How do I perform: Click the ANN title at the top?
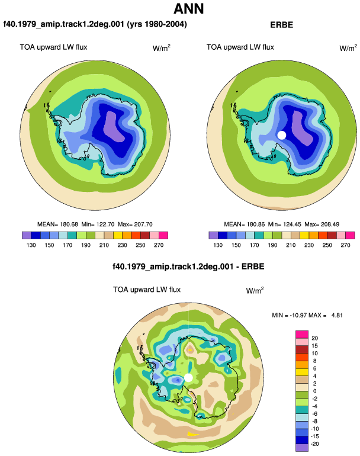[x=189, y=9]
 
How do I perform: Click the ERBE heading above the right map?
[x=281, y=25]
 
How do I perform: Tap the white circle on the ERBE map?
[x=281, y=135]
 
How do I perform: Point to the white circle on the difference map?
[x=188, y=378]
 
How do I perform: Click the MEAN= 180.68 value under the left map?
[x=57, y=224]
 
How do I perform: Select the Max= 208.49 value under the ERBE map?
[x=322, y=224]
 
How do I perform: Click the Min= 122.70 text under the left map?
[x=98, y=224]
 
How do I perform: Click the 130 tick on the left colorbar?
[x=31, y=245]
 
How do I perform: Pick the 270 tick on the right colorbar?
[x=345, y=245]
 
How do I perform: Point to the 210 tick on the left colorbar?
[x=104, y=245]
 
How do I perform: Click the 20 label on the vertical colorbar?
[x=314, y=338]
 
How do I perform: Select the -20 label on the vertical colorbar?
[x=314, y=444]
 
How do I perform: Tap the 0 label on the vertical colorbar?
[x=314, y=391]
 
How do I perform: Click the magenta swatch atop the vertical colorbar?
[x=302, y=334]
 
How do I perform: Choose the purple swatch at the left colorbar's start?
[x=27, y=235]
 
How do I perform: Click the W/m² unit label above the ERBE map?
[x=348, y=48]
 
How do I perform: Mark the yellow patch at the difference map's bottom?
[x=192, y=434]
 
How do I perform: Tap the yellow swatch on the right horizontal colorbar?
[x=304, y=235]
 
